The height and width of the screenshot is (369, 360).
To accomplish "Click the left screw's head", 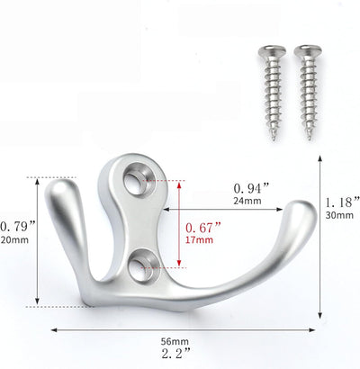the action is (272, 51).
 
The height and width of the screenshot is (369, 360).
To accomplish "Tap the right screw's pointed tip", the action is (309, 139).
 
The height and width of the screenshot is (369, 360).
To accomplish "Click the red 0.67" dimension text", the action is (203, 228).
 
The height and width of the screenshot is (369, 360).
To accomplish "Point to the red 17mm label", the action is (199, 240).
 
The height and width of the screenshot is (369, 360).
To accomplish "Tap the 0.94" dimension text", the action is (251, 189).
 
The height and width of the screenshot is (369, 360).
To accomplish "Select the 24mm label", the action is (247, 201).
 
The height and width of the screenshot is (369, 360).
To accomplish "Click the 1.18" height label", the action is (343, 202).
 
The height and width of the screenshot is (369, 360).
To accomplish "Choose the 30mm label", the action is (339, 215).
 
